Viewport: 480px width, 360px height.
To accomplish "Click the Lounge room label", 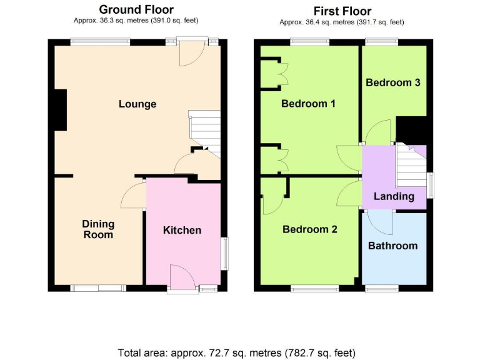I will click(x=137, y=104).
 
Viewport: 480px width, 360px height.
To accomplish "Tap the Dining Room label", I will click(x=98, y=229).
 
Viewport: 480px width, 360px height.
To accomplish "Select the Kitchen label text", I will click(x=182, y=230).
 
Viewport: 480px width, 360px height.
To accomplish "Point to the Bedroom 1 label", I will click(x=308, y=103).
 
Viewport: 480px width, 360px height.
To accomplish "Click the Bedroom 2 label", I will click(x=310, y=229).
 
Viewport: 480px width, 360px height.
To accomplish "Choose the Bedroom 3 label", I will click(x=393, y=82).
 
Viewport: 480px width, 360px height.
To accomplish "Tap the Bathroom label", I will click(x=392, y=246).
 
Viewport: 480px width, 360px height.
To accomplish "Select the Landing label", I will click(x=394, y=196).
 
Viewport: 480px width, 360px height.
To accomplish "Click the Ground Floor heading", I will click(x=136, y=9).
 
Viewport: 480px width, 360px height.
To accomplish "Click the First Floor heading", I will click(x=342, y=11).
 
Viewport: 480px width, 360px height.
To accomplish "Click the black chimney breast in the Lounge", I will click(x=61, y=110).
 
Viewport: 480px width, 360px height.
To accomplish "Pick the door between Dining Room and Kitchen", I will click(x=134, y=196).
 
